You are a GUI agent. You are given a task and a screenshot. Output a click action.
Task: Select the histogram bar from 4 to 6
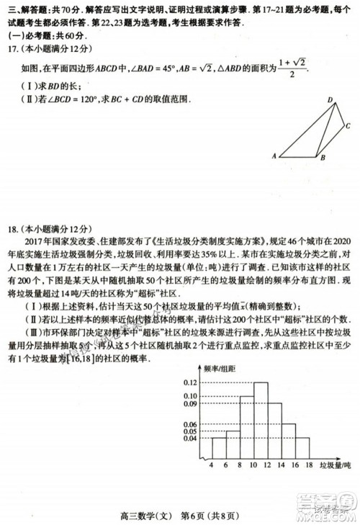click(x=219, y=447)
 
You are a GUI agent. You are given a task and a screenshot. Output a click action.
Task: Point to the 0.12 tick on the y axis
click(x=189, y=382)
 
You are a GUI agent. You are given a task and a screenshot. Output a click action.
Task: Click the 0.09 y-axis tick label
click(x=189, y=404)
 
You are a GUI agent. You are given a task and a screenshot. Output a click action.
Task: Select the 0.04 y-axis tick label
click(x=189, y=438)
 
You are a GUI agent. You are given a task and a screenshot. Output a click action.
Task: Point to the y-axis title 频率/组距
click(x=219, y=368)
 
